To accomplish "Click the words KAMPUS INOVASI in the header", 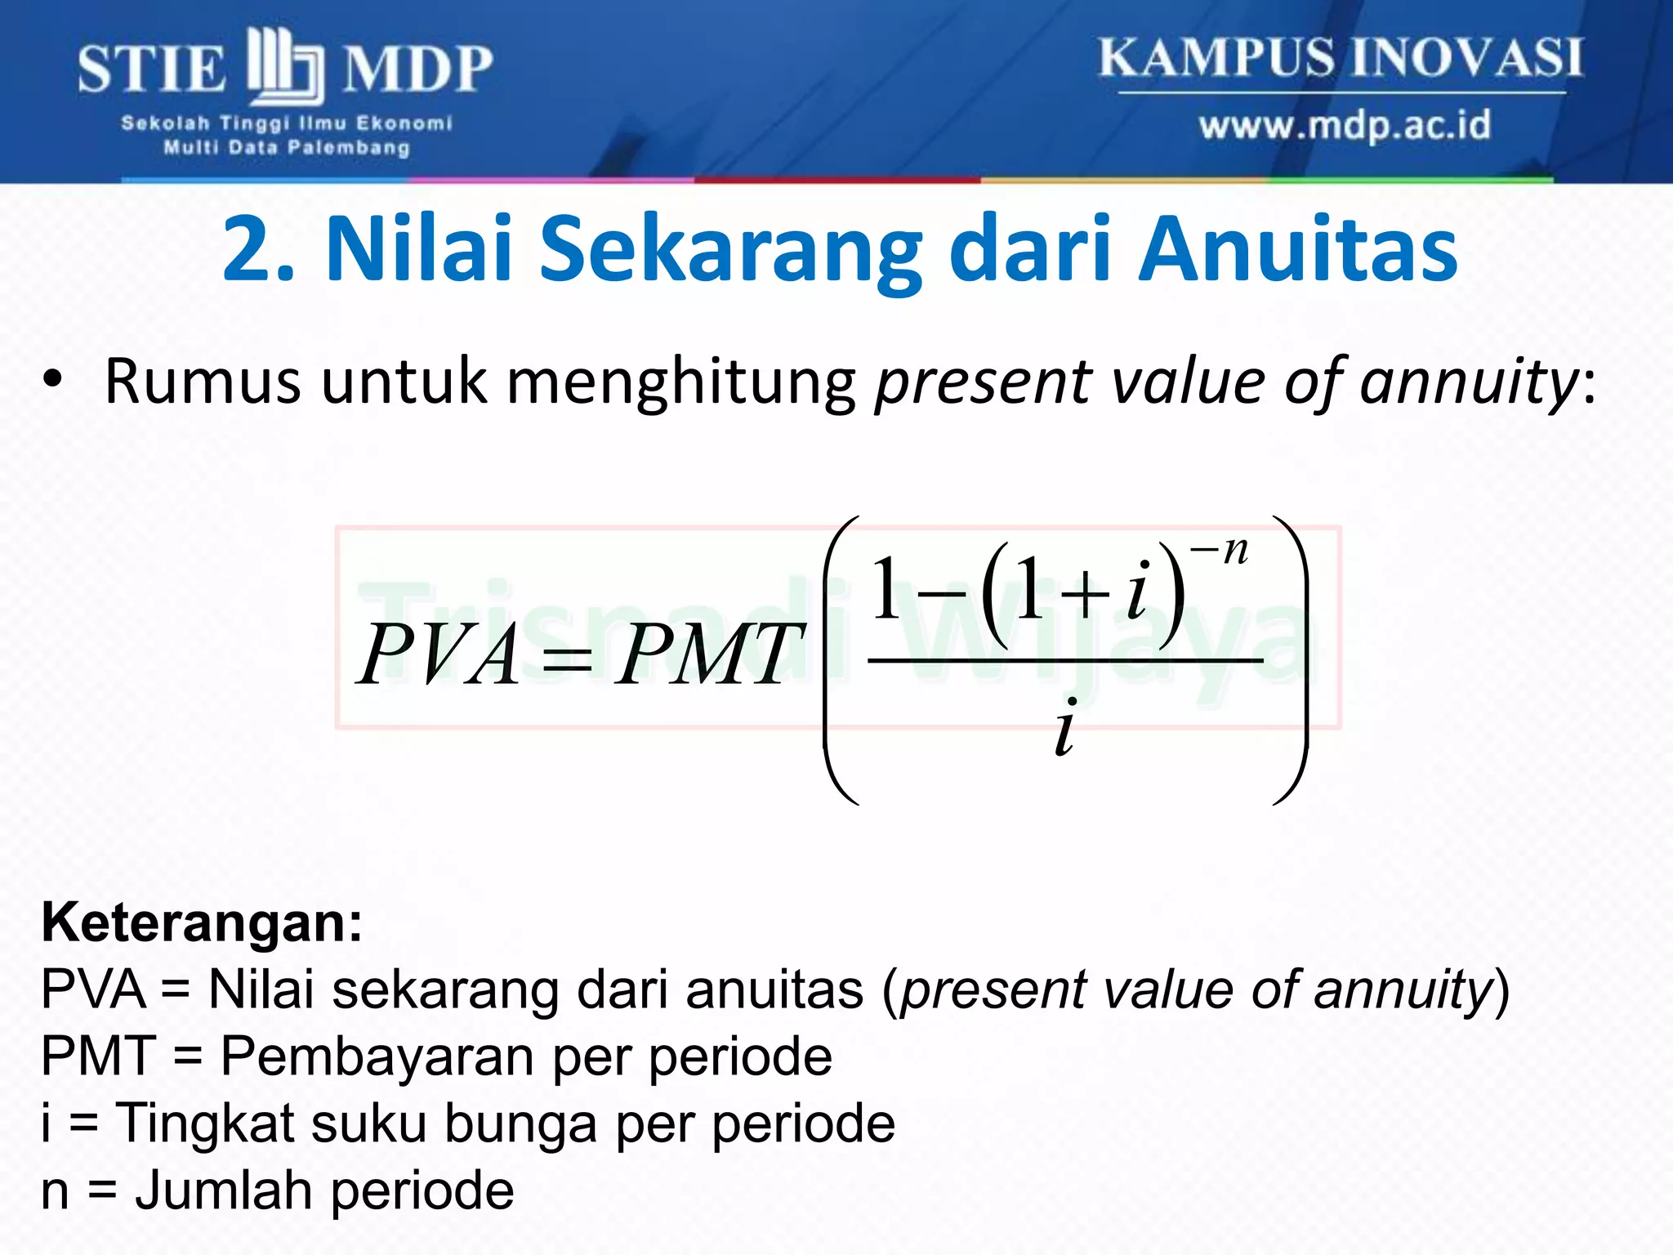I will pos(1340,59).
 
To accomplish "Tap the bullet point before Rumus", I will pos(53,382).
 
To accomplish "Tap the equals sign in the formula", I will pos(567,659).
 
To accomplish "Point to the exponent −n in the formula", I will pos(1220,552).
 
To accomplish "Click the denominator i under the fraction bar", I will pos(1065,728).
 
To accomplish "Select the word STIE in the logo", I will pos(152,69).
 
